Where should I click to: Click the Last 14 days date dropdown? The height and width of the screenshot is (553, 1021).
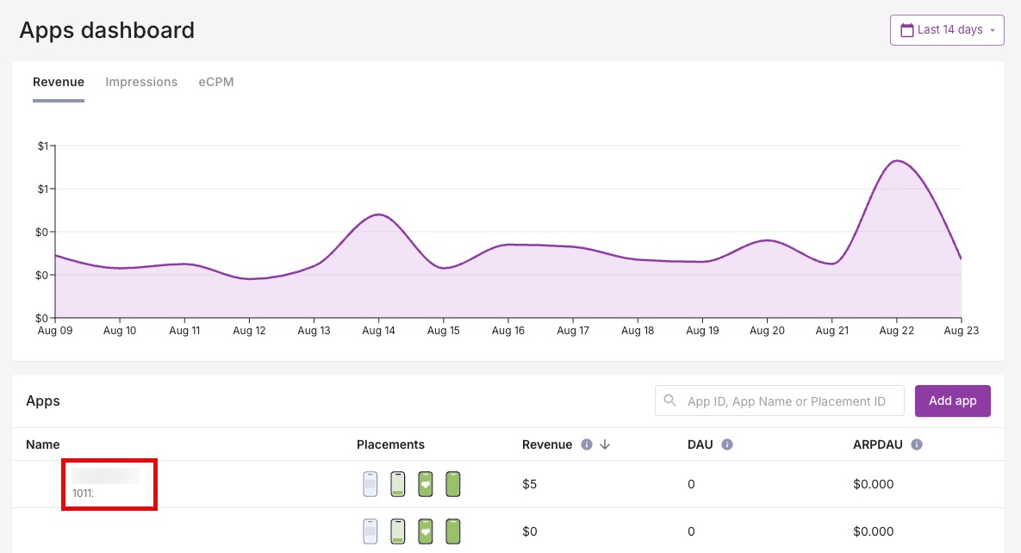[947, 30]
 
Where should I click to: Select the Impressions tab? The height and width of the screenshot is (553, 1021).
[141, 82]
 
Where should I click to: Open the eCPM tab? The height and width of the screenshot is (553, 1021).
[215, 82]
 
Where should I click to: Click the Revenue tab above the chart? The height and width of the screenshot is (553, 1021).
[59, 82]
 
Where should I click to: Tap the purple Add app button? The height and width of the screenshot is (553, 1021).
[952, 401]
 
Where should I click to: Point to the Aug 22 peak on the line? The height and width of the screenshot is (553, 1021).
[897, 161]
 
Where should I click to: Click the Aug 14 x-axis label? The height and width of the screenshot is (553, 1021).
[378, 330]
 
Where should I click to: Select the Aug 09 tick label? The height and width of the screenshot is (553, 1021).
[55, 330]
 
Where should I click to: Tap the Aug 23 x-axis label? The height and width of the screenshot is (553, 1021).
[961, 330]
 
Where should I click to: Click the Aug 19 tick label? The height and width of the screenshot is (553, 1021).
[702, 330]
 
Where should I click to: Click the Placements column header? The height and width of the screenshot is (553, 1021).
[390, 444]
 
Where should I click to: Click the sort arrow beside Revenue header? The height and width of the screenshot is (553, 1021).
[605, 444]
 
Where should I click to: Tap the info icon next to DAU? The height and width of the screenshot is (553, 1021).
[726, 444]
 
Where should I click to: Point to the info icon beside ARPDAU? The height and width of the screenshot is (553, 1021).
[917, 444]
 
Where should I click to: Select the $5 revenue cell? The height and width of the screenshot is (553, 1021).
[530, 484]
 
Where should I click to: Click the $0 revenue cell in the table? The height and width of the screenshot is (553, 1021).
[530, 531]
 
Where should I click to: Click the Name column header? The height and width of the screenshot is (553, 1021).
[43, 444]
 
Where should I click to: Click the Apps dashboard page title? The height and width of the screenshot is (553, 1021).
[107, 30]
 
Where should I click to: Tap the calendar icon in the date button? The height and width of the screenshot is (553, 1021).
[906, 30]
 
